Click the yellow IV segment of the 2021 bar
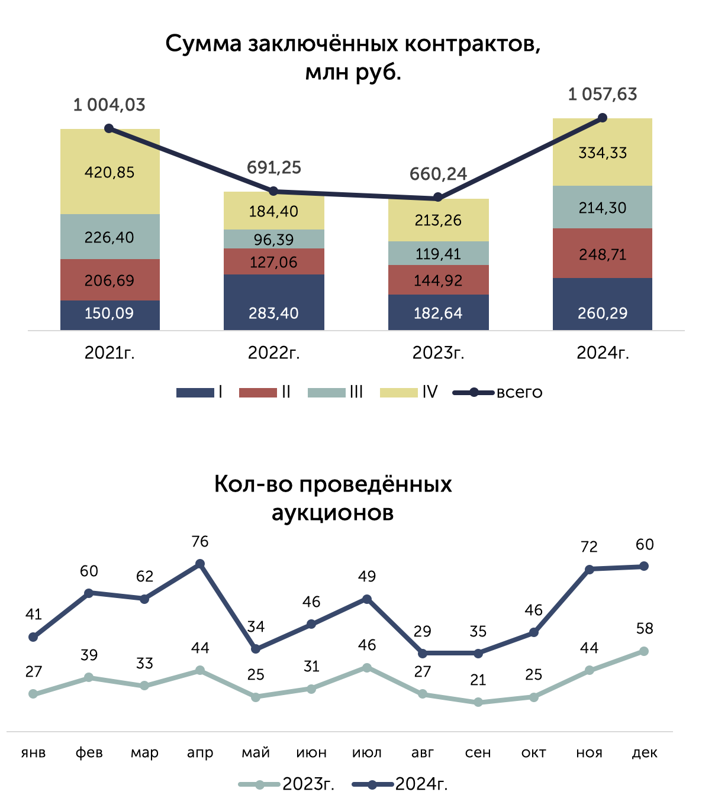click(x=110, y=172)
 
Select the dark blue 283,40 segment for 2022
click(x=273, y=302)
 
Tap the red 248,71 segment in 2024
click(x=601, y=253)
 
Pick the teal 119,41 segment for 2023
click(x=438, y=253)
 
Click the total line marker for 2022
click(x=273, y=191)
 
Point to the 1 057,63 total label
click(x=602, y=95)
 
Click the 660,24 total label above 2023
click(x=438, y=174)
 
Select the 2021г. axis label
click(x=110, y=353)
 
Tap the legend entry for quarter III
click(x=335, y=392)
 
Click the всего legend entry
click(x=497, y=392)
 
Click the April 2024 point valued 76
click(x=200, y=563)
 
